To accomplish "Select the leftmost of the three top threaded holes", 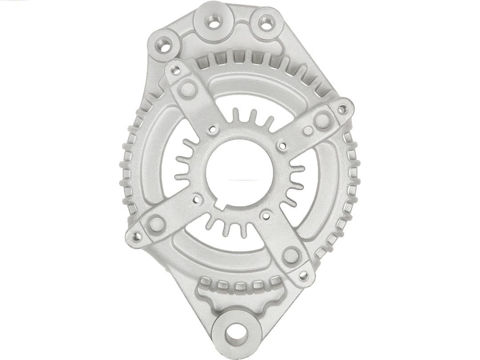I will click(x=164, y=44).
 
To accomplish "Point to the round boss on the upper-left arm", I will click(x=188, y=89).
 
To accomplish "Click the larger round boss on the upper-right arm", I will click(x=322, y=120).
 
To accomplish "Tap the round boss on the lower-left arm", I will click(x=157, y=224).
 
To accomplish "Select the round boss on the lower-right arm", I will click(x=291, y=255).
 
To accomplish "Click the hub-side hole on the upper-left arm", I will click(x=213, y=130).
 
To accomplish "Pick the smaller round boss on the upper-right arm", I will click(x=308, y=131).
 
